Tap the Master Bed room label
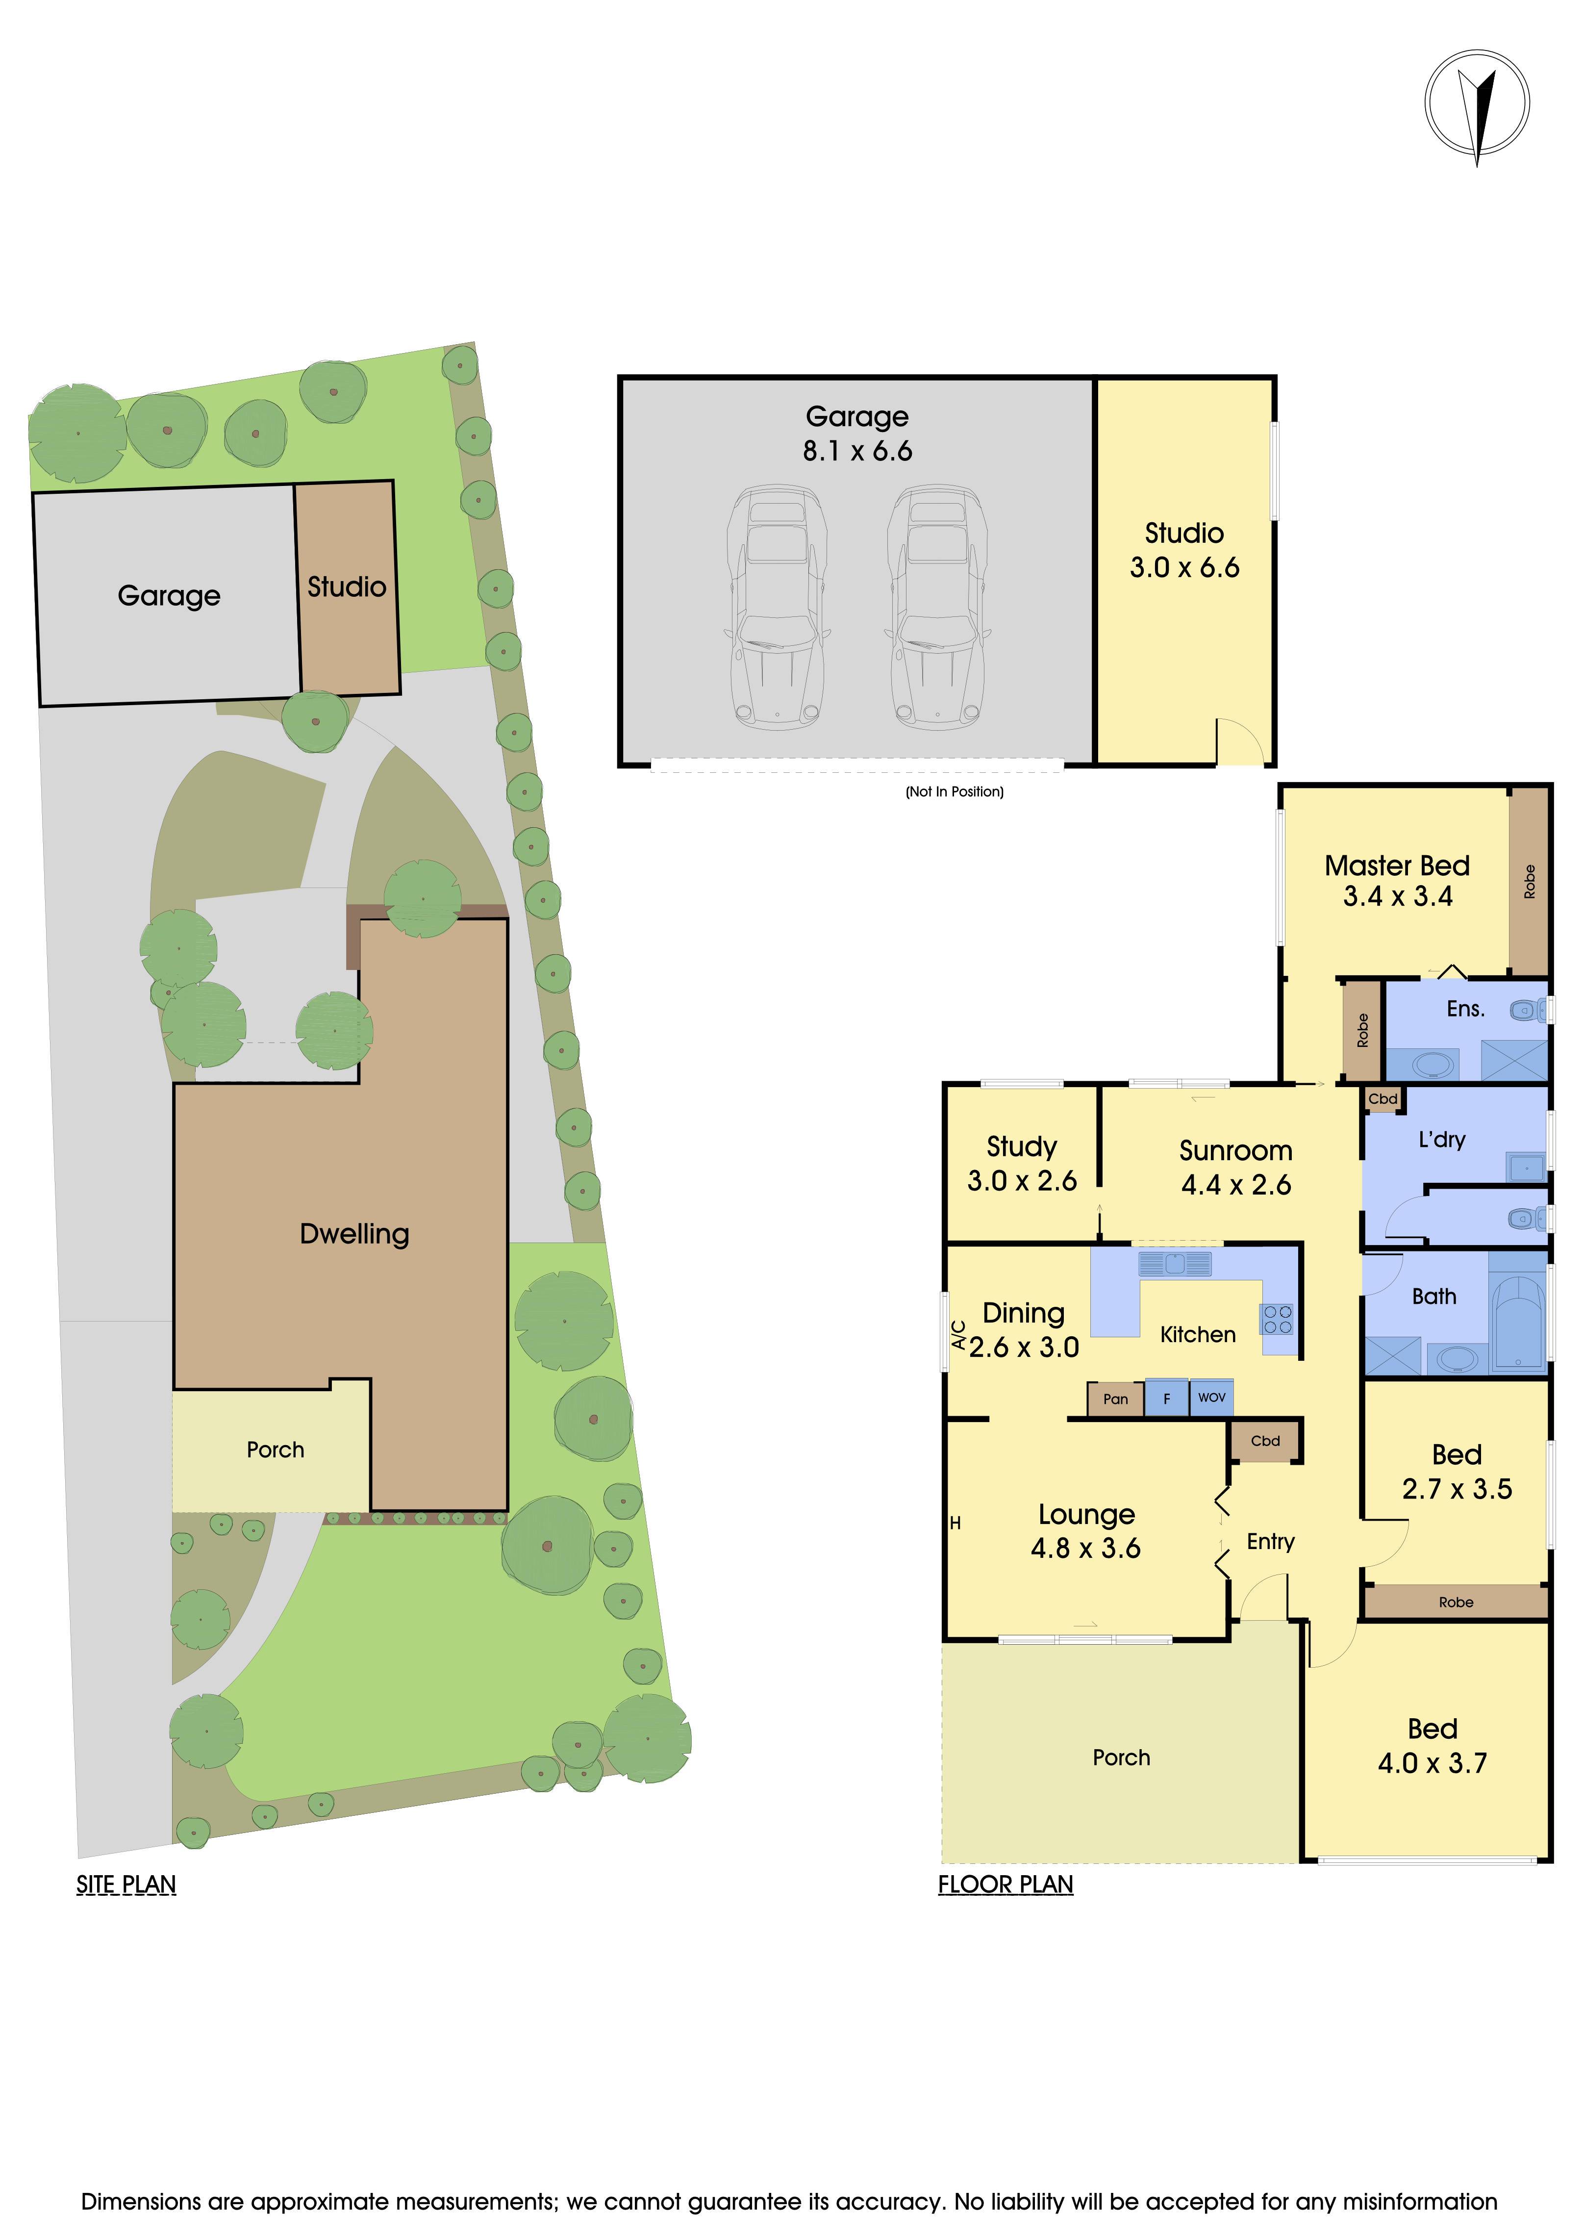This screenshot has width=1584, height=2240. (1397, 865)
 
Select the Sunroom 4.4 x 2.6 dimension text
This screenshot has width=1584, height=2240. (1236, 1184)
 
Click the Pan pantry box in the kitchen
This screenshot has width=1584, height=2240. (1115, 1398)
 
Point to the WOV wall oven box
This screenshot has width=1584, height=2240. (1211, 1397)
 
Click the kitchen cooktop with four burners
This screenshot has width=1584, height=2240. (1278, 1319)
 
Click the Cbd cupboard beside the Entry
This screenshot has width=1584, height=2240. (1265, 1441)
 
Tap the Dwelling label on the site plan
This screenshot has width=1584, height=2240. (354, 1234)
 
